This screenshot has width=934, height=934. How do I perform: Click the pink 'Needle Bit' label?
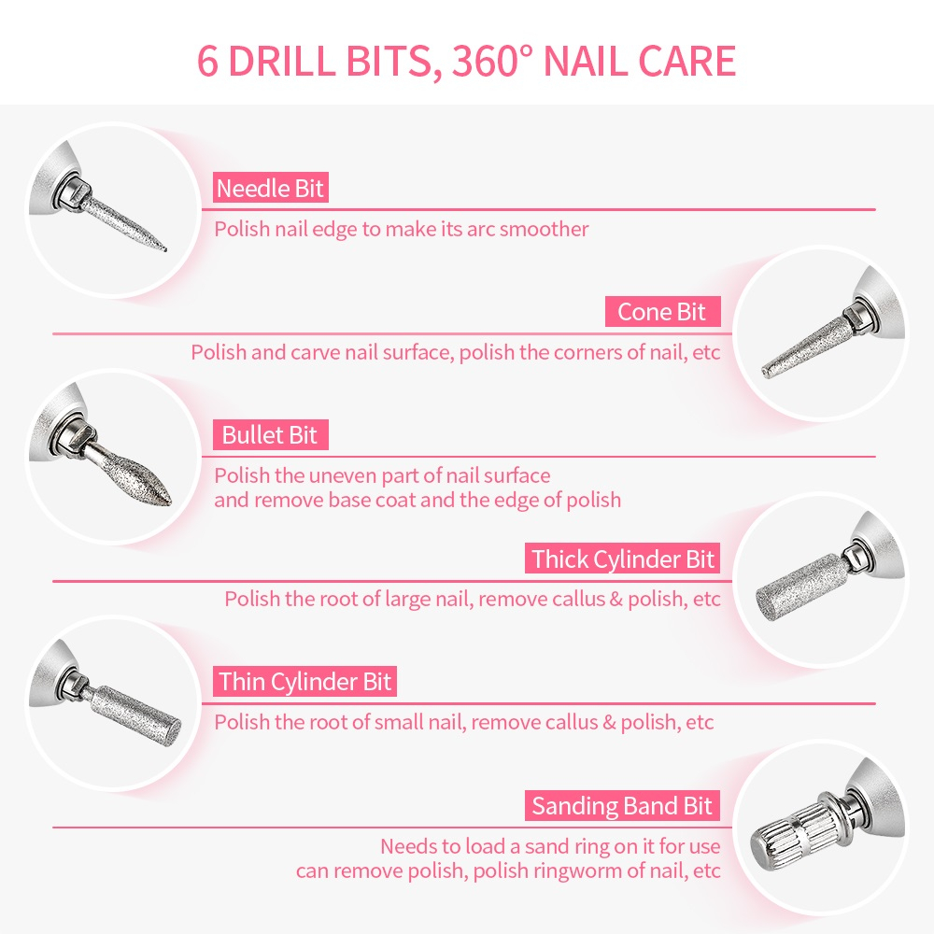(x=271, y=189)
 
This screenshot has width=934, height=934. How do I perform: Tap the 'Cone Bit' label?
(x=662, y=312)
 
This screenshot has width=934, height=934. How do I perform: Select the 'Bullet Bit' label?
(x=271, y=435)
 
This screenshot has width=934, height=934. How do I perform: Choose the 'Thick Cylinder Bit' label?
(x=622, y=559)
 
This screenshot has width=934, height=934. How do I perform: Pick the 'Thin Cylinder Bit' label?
(x=305, y=682)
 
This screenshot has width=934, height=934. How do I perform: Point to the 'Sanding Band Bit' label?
(x=622, y=805)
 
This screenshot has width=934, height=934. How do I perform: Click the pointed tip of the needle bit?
(x=165, y=249)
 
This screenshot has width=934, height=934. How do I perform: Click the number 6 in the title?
(x=208, y=61)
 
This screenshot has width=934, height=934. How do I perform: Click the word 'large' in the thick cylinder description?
(x=408, y=600)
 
